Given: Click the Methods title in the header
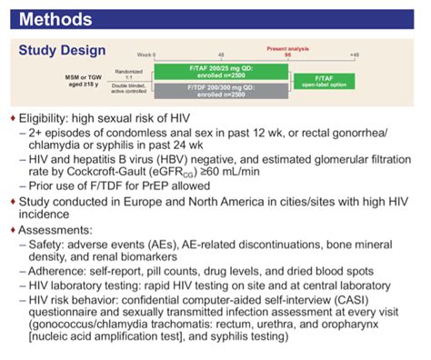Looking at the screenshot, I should click(55, 16).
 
